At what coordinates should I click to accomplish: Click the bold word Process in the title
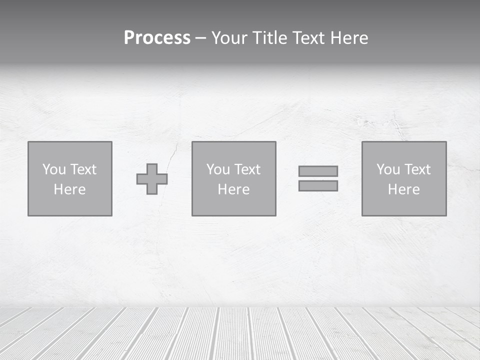coord(157,38)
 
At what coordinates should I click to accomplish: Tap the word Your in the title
coord(229,38)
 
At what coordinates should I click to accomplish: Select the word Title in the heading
coord(268,38)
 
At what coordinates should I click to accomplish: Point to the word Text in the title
coord(307,38)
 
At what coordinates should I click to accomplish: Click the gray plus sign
coord(152,179)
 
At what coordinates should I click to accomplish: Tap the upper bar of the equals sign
coord(318,171)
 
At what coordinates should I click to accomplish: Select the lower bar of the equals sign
coord(318,186)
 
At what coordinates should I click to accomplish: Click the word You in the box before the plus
coord(54,169)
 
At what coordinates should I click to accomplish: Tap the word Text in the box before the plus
coord(83,169)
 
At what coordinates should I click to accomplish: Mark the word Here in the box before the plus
coord(70,189)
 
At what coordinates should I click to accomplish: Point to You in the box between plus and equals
coord(218,169)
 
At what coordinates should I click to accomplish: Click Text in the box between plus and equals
coord(247,169)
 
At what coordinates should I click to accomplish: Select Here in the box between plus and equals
coord(234,189)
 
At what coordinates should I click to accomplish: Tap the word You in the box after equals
coord(388,169)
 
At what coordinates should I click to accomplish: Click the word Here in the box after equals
coord(404,189)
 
